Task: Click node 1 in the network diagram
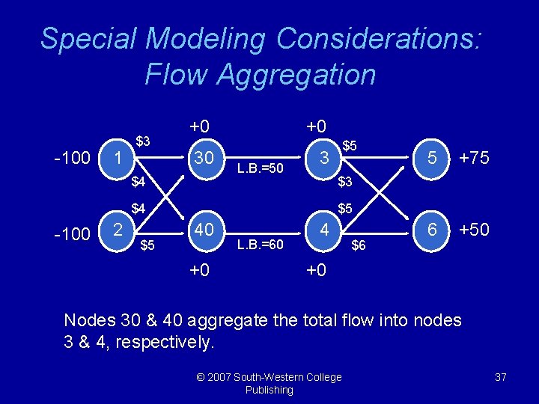pos(117,159)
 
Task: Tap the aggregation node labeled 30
pos(203,159)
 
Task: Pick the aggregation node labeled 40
pos(203,230)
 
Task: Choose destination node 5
pos(432,159)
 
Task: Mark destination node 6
pos(432,230)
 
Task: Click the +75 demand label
pos(473,159)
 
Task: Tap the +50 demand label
pos(473,230)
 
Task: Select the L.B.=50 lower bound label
pos(260,168)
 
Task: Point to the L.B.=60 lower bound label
pos(260,244)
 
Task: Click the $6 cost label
pos(359,245)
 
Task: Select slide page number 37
pos(501,377)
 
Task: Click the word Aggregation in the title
pos(260,74)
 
